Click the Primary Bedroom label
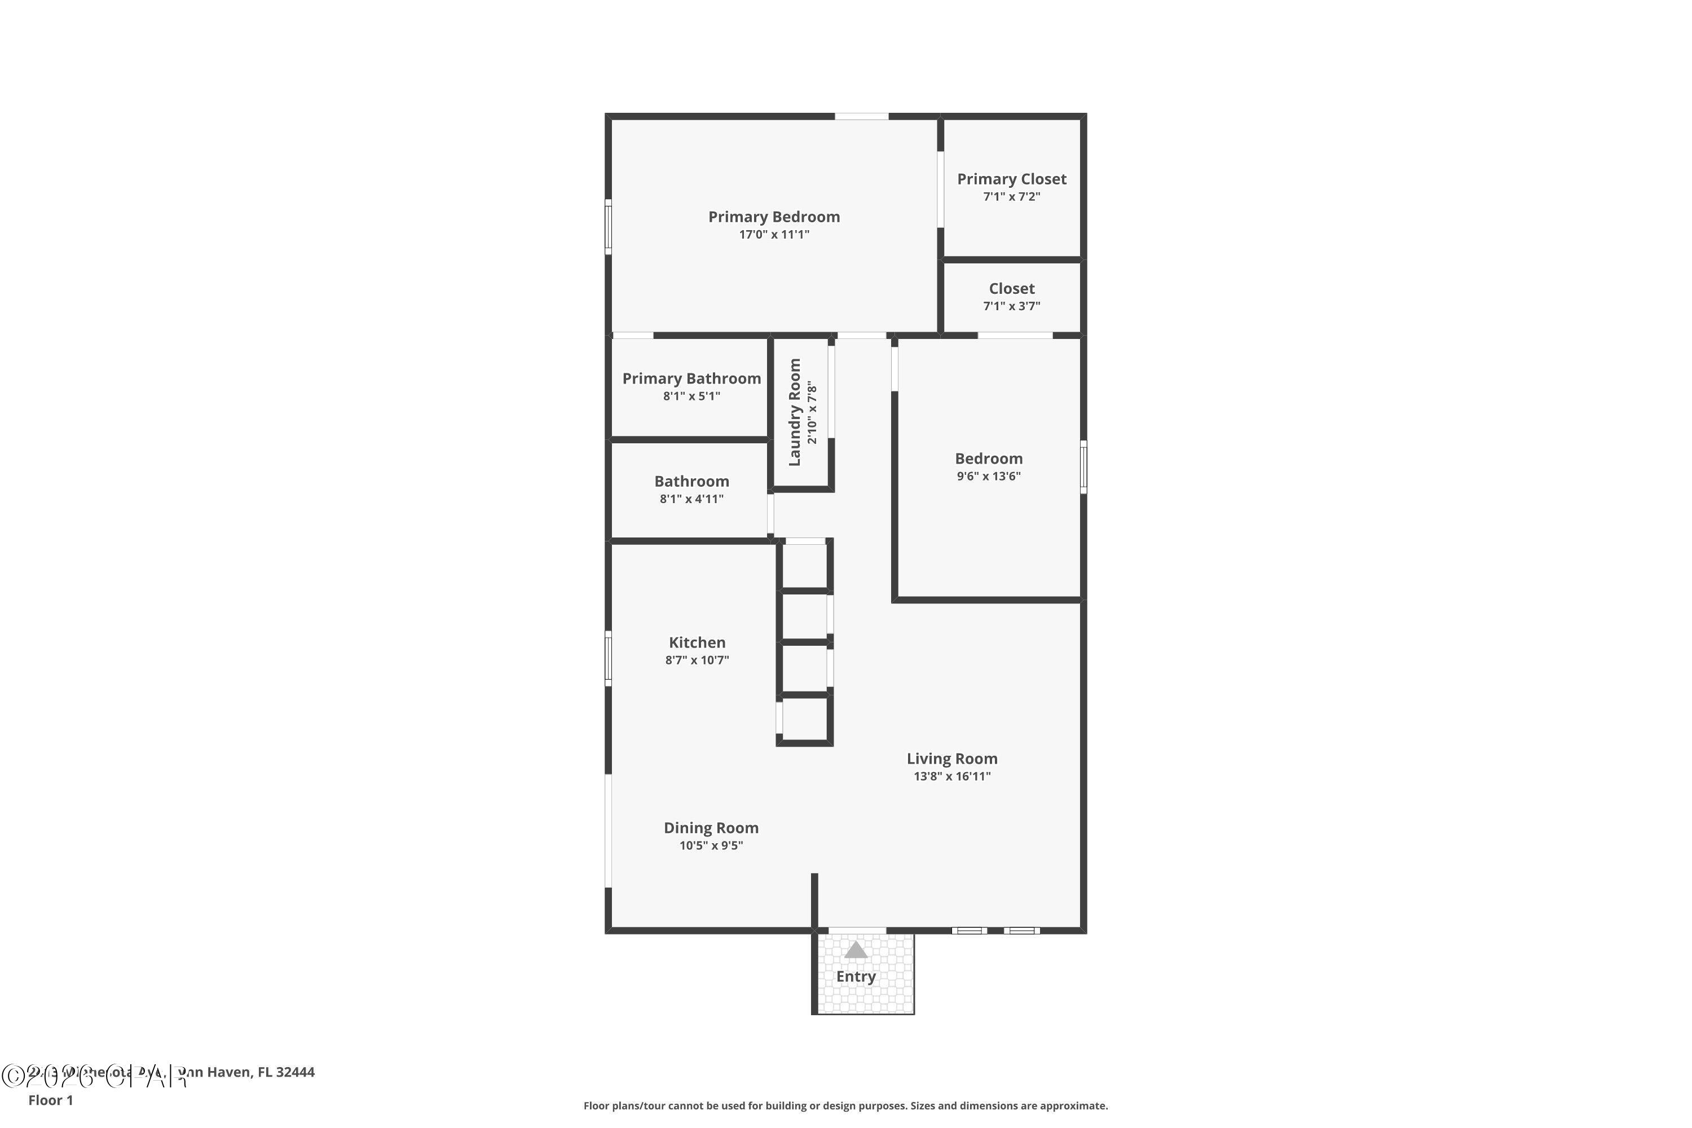773,217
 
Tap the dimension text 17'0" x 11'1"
773,235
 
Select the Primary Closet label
1011,179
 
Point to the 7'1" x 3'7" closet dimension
1011,306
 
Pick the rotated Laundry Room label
794,412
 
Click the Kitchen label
697,642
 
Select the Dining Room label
710,828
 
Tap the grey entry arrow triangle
856,950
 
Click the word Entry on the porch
856,977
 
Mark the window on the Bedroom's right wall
1083,467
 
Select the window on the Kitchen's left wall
608,658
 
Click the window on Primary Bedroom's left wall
608,227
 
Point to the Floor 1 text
50,1100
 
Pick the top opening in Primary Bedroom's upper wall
861,116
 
